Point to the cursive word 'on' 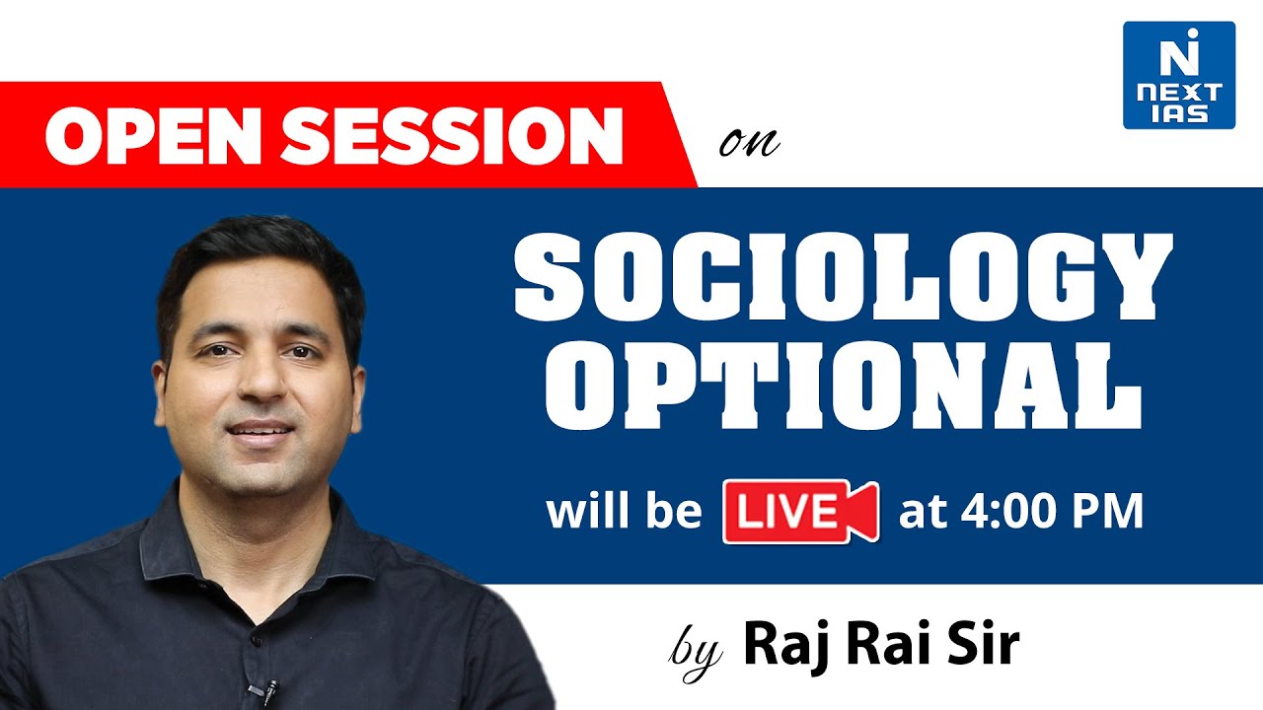749,144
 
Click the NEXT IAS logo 1178,75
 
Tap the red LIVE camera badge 798,511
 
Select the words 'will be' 624,512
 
